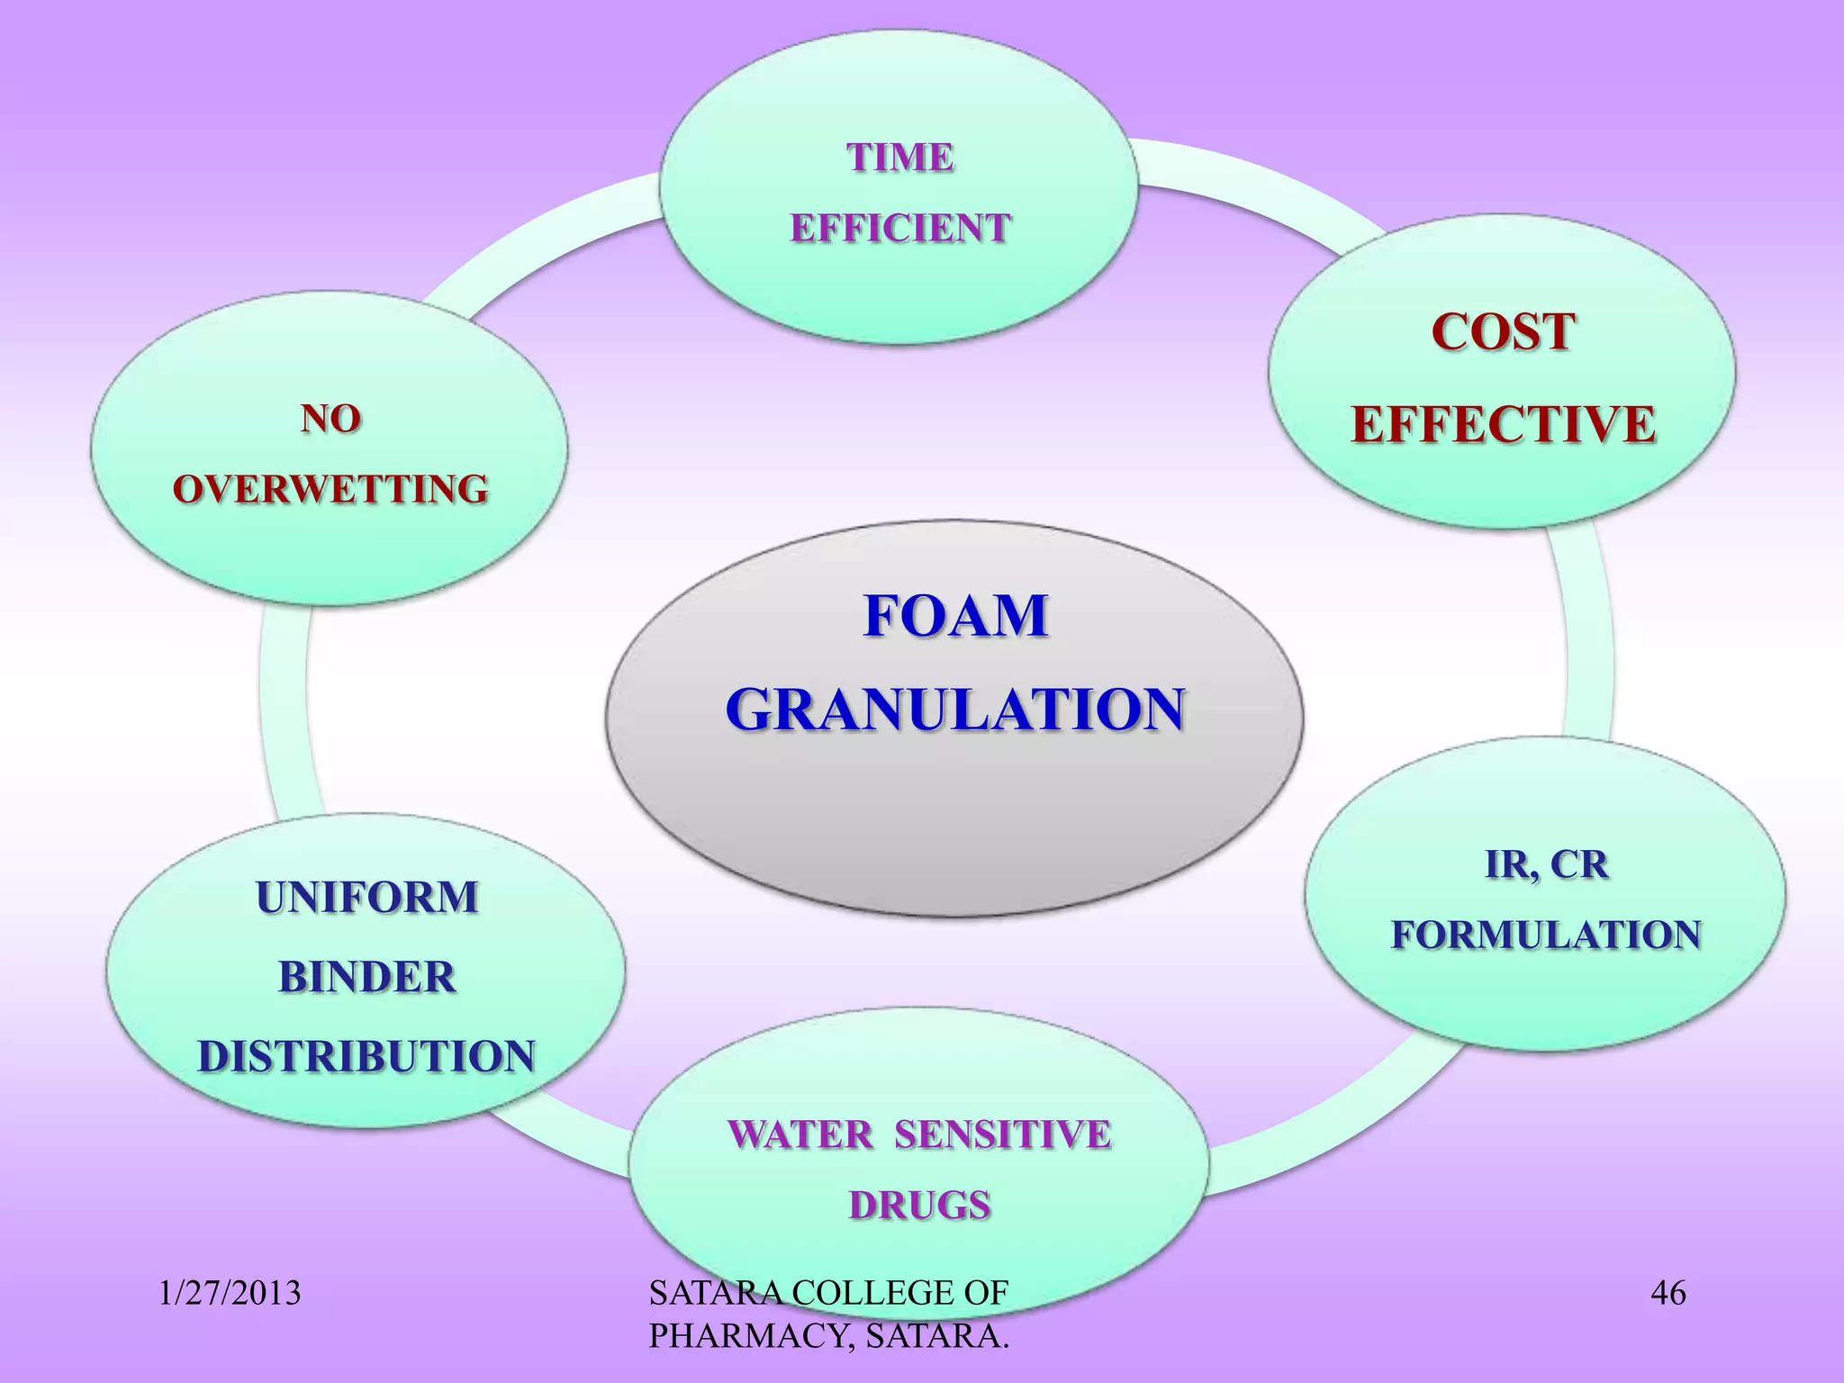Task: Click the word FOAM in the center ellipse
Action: click(x=955, y=617)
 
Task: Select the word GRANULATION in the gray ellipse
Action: click(x=954, y=710)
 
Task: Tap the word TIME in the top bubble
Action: click(x=899, y=158)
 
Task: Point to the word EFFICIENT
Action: click(x=899, y=228)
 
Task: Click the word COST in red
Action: click(x=1503, y=332)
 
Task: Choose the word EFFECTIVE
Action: click(x=1503, y=424)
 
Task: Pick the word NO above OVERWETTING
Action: click(x=330, y=419)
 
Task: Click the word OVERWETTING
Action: click(x=330, y=489)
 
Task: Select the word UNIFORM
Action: click(x=366, y=897)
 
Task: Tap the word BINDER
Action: click(x=366, y=977)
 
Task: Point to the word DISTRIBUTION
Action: click(x=366, y=1056)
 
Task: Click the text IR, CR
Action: click(x=1546, y=864)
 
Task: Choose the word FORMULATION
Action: click(x=1546, y=935)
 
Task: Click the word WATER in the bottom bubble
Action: click(x=800, y=1134)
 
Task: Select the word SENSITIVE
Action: click(x=1002, y=1134)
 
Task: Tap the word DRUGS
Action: click(x=919, y=1205)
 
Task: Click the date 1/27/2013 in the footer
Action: click(x=230, y=1294)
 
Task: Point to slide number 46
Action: click(x=1668, y=1294)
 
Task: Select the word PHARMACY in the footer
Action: click(x=749, y=1337)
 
